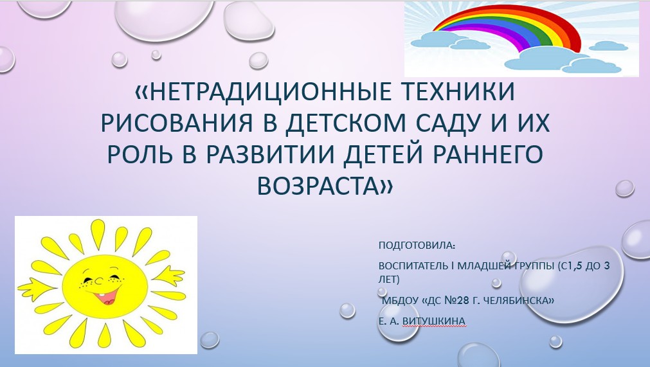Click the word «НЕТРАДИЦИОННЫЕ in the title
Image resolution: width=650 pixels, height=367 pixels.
tap(263, 91)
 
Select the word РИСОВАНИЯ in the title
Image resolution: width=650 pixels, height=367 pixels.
tap(177, 123)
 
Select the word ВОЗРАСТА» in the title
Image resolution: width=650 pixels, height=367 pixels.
tap(325, 186)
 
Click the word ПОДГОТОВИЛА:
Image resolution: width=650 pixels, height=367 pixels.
tap(417, 246)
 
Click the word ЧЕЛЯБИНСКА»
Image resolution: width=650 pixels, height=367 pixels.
tap(520, 300)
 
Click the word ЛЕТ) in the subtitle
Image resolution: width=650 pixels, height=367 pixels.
tap(389, 280)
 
